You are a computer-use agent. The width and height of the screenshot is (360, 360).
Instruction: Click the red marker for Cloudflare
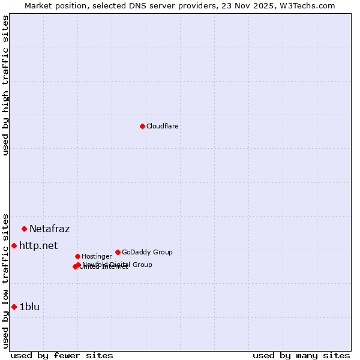(x=142, y=126)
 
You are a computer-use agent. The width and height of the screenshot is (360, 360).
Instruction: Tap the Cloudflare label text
(x=163, y=126)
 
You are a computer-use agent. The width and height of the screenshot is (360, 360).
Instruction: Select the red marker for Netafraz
(x=25, y=229)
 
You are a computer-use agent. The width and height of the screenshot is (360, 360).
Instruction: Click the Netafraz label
(x=49, y=229)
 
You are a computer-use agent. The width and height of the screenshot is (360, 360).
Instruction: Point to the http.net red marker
(x=14, y=245)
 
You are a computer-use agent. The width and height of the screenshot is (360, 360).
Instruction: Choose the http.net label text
(x=38, y=245)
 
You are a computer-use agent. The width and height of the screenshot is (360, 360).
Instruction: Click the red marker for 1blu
(x=14, y=307)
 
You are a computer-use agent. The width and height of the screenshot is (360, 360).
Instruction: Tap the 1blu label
(x=29, y=307)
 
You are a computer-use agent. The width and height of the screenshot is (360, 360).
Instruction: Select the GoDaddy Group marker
(x=118, y=252)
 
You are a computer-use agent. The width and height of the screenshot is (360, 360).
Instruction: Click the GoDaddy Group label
(x=147, y=252)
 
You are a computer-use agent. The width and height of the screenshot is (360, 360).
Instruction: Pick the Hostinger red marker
(x=77, y=256)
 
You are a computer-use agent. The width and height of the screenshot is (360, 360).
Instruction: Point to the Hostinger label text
(x=97, y=256)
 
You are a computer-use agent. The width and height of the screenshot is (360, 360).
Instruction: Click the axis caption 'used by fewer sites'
(x=62, y=355)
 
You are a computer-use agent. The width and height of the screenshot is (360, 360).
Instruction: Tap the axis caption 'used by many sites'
(x=301, y=355)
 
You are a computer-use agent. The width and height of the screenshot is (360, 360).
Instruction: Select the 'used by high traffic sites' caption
(x=5, y=85)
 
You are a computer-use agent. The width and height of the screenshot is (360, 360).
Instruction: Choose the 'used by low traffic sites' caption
(x=5, y=281)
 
